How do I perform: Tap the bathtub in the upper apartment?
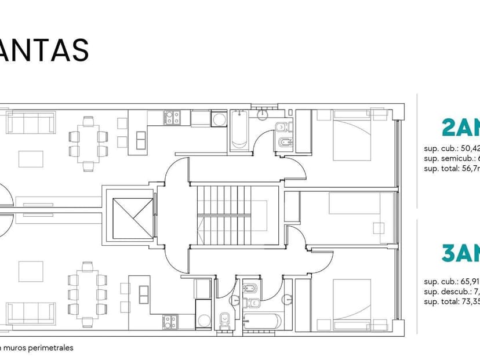coord(239,130)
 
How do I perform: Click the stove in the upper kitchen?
coord(172,118)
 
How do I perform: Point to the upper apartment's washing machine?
coord(220,120)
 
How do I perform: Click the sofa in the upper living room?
coord(31,122)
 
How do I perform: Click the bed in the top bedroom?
coord(352,134)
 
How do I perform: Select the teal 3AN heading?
coord(461,254)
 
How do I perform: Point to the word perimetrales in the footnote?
coord(53,348)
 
